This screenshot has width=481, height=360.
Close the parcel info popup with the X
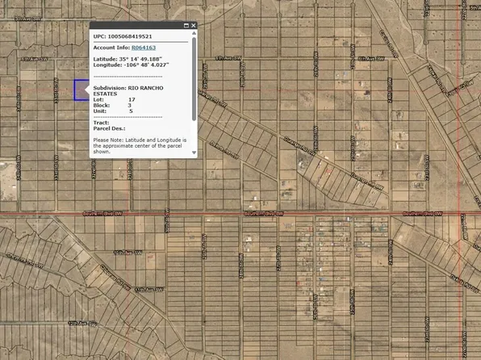(194, 26)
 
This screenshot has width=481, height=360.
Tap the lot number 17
(132, 99)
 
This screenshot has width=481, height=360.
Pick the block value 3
(129, 105)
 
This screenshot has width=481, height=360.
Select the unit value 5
(131, 111)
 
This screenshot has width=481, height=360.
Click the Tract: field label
(102, 122)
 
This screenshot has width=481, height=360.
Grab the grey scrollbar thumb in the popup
(194, 81)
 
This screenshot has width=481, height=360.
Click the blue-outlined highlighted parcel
(81, 90)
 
